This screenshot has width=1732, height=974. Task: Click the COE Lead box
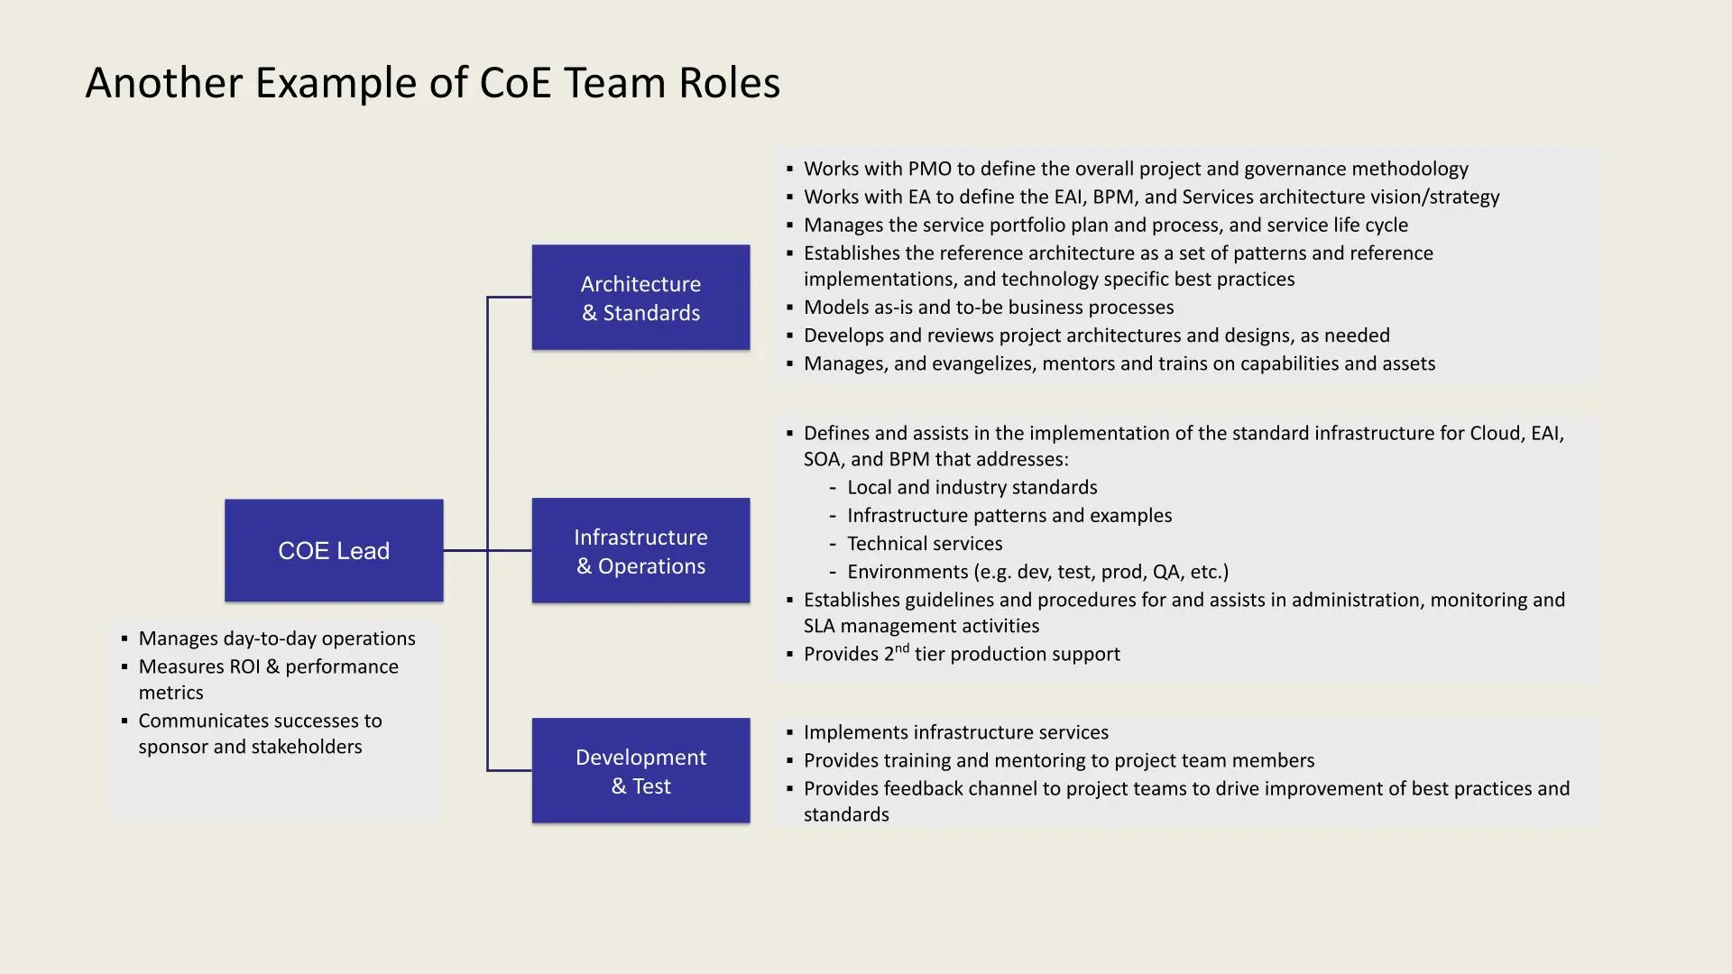(334, 550)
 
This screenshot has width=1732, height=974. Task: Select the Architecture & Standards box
(640, 298)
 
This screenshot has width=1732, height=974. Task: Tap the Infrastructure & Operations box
(640, 550)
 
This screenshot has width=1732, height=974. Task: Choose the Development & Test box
(640, 770)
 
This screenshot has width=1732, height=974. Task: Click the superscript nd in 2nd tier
(902, 648)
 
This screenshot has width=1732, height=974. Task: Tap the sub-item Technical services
(925, 544)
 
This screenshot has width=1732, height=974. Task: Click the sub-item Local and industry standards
(972, 488)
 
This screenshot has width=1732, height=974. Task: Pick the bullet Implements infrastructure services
(955, 732)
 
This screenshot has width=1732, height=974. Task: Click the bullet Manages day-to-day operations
(276, 639)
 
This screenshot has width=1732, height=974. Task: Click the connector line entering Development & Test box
(510, 770)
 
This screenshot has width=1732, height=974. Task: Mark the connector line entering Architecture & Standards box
(510, 297)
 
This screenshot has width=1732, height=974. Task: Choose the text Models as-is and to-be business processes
(988, 308)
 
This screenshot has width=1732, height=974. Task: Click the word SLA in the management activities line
(820, 626)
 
